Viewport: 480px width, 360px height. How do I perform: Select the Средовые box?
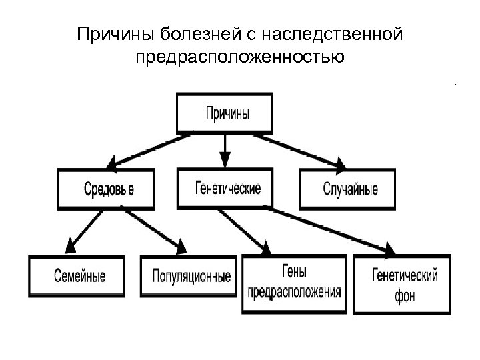(107, 189)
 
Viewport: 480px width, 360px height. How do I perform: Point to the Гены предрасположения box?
(294, 283)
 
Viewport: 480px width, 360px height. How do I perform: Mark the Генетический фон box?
(402, 283)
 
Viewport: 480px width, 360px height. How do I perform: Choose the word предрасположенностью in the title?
(239, 57)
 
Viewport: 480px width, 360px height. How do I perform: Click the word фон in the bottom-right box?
(402, 295)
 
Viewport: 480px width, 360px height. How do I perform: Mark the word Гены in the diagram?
(294, 272)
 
